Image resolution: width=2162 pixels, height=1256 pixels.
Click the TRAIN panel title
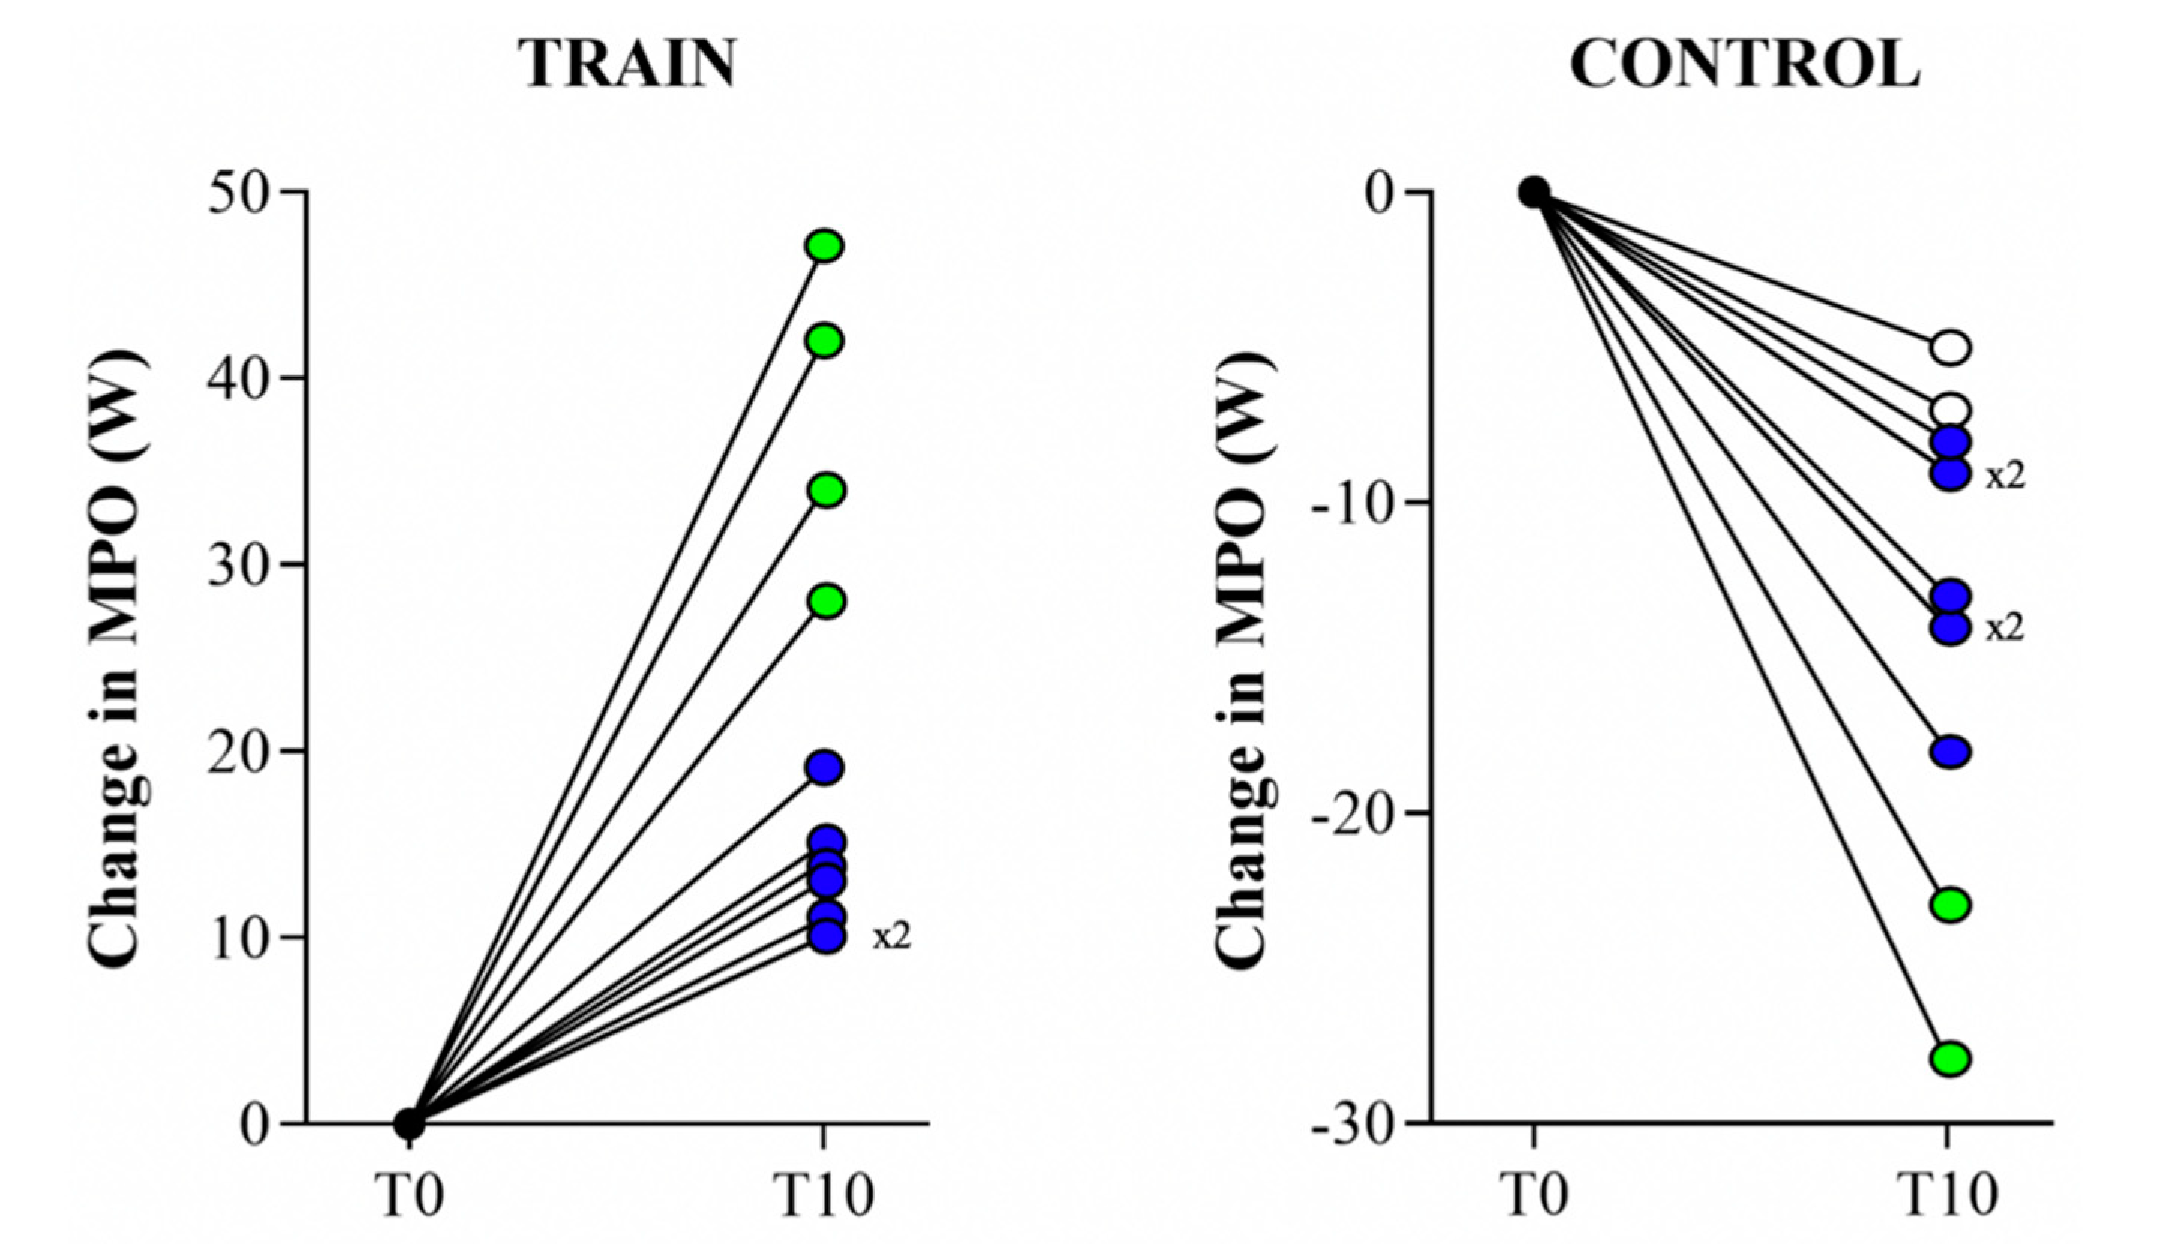630,65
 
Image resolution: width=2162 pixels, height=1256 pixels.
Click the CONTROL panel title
1745,65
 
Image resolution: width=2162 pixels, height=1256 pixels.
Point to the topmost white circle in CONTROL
1951,348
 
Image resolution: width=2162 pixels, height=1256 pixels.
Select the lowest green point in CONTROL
1951,1059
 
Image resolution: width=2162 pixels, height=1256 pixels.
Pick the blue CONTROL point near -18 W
1951,752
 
